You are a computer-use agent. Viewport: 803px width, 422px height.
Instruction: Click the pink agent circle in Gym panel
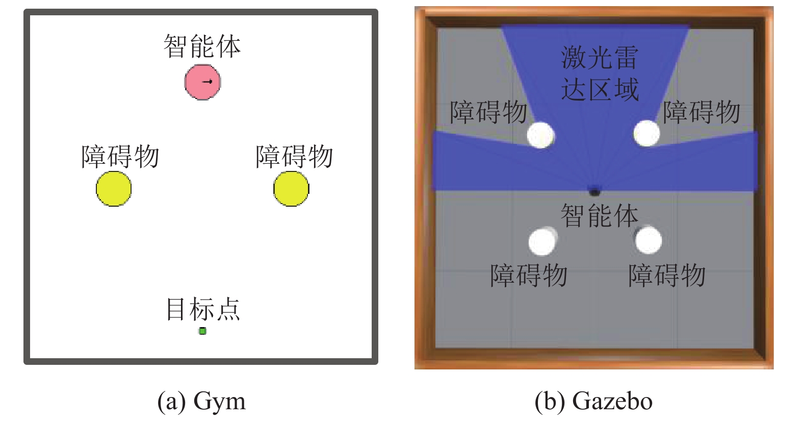pos(202,82)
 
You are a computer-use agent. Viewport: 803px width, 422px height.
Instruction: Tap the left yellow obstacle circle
pos(114,189)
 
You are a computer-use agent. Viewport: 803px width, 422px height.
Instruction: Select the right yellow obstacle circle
pos(291,189)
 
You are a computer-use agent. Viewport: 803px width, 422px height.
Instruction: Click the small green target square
pos(202,331)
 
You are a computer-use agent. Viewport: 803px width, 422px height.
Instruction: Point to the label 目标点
pos(202,309)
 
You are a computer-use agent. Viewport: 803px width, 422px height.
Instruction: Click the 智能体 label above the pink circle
pos(202,46)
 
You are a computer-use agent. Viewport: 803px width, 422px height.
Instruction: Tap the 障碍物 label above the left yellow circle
pos(120,157)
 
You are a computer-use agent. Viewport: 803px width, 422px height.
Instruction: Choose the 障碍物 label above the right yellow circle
pos(294,157)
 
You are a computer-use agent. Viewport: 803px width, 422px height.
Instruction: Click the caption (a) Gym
pos(201,401)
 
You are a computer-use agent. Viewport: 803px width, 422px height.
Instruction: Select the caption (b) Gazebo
pos(593,401)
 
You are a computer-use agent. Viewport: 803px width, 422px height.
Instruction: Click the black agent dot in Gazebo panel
pos(594,192)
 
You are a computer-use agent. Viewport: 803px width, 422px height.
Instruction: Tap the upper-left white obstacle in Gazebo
pos(540,135)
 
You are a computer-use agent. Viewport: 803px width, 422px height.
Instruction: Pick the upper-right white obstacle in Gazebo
pos(646,133)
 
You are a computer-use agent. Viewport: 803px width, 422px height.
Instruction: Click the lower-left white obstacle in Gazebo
pos(542,241)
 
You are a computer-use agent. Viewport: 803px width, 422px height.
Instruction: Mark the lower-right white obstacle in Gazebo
pos(649,240)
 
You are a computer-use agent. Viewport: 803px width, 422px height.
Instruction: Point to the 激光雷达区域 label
pos(600,73)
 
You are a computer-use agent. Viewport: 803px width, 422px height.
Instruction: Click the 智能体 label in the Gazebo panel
pos(599,215)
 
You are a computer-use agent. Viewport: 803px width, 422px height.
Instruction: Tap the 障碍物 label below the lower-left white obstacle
pos(529,276)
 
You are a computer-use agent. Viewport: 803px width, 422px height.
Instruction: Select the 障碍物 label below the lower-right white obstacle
pos(667,276)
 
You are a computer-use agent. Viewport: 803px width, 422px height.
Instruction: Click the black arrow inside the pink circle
pos(208,82)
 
